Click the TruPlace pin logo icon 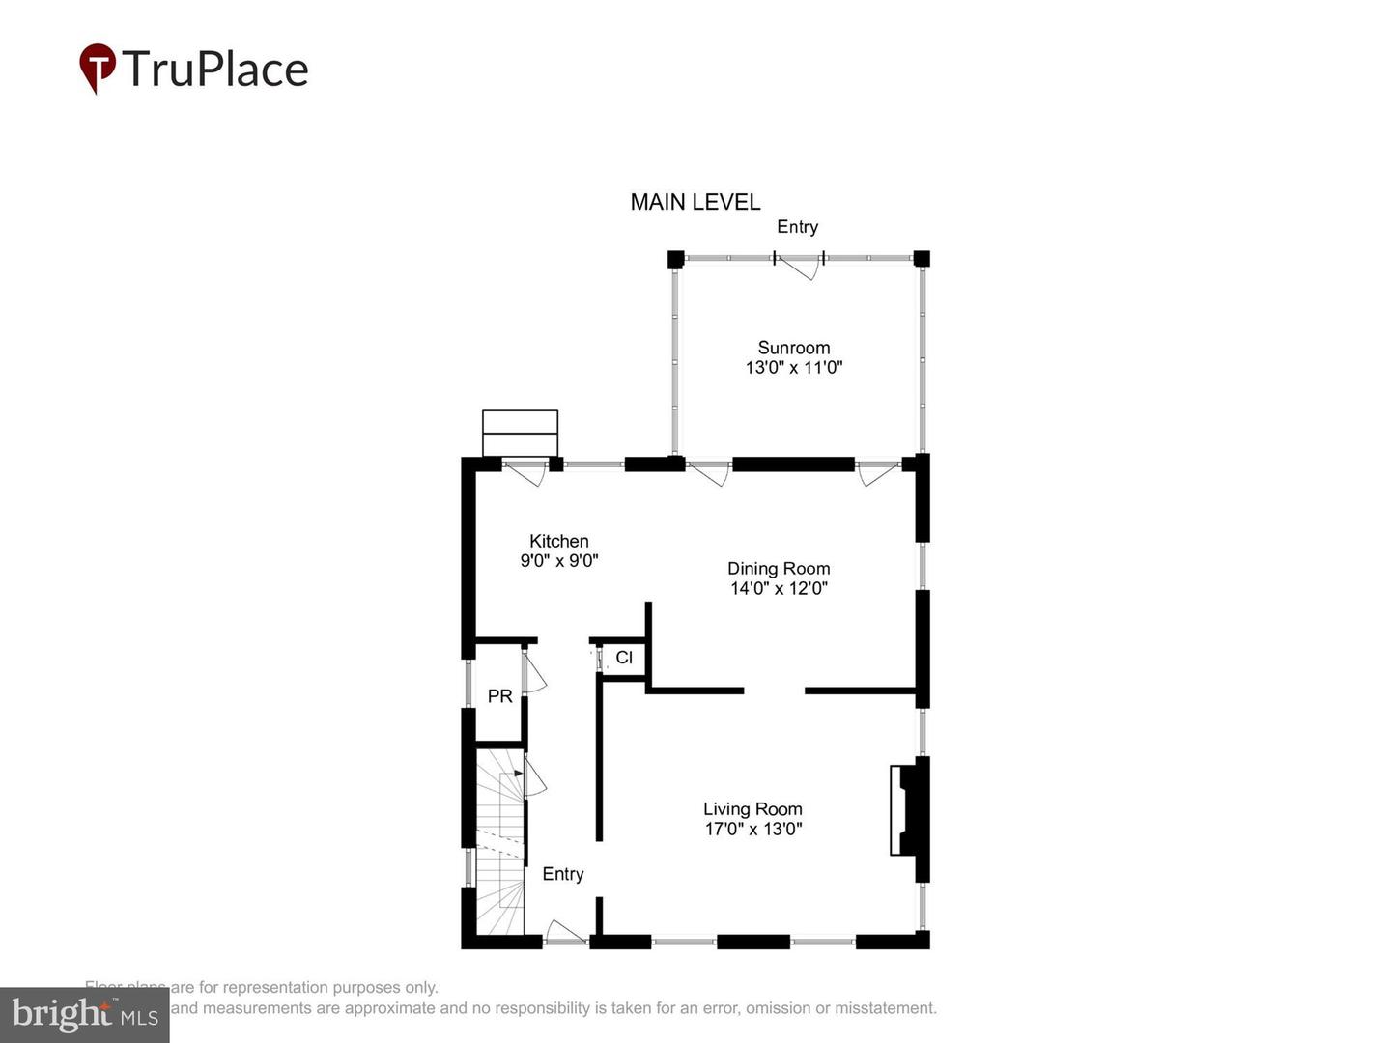tap(97, 68)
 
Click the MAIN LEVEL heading tap(695, 202)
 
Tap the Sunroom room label tap(793, 348)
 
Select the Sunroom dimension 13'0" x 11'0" tap(793, 368)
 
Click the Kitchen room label tap(558, 541)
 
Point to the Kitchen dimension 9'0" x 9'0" tap(558, 561)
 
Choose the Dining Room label tap(779, 569)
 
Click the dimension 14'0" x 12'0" tap(779, 588)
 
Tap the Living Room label tap(752, 809)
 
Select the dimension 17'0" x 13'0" tap(752, 829)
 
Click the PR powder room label tap(499, 696)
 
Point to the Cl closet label tap(624, 658)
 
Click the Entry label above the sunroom tap(797, 227)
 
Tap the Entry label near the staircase tap(562, 874)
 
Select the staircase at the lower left tap(499, 845)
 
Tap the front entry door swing tap(566, 933)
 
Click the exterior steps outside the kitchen tap(520, 433)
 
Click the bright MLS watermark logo tap(84, 1015)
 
